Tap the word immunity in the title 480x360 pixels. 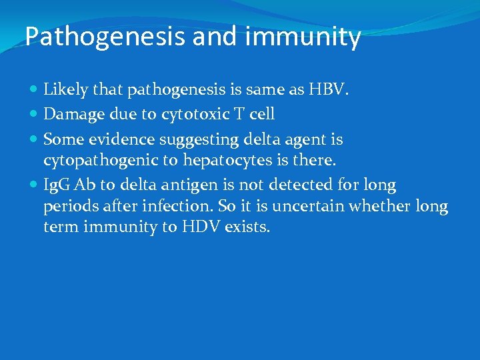[x=303, y=37]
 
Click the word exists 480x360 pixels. [x=248, y=227]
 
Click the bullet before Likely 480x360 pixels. [x=34, y=89]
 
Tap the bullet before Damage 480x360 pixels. [x=34, y=114]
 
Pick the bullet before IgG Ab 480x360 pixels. [x=34, y=184]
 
